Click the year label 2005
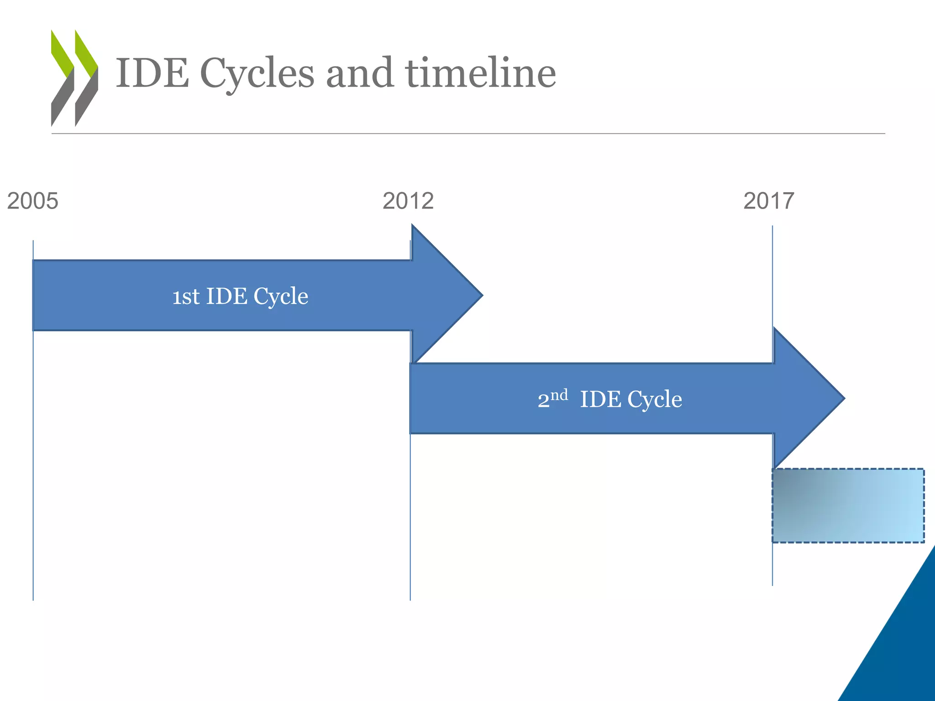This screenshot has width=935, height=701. point(33,201)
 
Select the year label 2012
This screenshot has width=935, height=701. point(408,201)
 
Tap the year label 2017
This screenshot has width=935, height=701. point(769,201)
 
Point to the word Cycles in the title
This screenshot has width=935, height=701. point(257,74)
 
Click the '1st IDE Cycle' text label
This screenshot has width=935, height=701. point(240,296)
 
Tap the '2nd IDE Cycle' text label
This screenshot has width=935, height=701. point(609,399)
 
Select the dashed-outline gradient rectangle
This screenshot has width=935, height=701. point(848,506)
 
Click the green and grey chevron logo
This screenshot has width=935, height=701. point(74,78)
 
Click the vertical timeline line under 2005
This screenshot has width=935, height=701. point(33,456)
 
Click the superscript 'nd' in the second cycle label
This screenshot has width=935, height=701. point(559,394)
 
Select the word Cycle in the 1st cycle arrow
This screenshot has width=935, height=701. point(281,297)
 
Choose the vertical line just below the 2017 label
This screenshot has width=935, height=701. point(772,274)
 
